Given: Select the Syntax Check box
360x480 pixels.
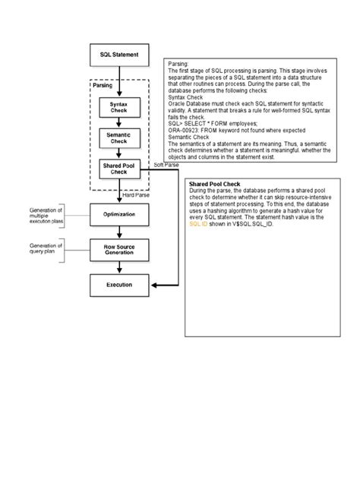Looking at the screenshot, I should click(118, 108).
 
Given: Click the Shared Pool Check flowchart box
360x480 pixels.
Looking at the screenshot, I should click(118, 169).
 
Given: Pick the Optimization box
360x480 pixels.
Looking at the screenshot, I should click(118, 215).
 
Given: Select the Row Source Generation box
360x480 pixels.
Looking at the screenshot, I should click(118, 250).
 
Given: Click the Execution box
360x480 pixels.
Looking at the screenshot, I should click(118, 285).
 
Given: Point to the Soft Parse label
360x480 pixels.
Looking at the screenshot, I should click(166, 164).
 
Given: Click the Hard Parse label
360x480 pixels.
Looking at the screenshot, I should click(136, 195).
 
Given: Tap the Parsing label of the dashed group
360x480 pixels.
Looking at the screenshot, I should click(104, 86).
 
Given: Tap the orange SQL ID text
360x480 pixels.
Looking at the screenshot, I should click(199, 226).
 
